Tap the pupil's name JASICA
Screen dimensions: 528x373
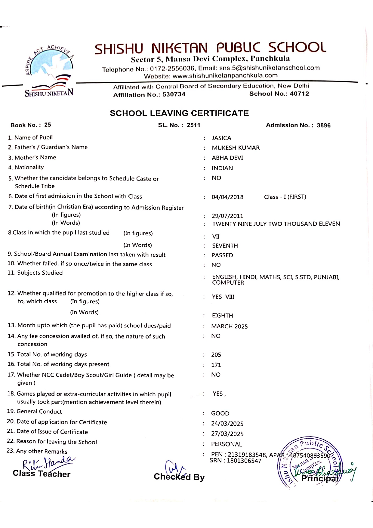221,138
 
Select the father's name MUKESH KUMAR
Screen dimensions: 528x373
236,148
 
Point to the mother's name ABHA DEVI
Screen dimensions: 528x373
227,158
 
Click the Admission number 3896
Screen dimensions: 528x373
323,125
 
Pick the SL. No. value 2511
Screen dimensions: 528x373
193,125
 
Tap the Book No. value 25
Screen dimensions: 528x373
48,125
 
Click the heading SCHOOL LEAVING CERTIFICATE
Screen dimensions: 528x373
179,113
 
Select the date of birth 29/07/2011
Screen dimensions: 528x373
227,216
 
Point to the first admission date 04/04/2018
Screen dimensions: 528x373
227,197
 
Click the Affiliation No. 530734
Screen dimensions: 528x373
174,95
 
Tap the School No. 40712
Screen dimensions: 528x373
299,94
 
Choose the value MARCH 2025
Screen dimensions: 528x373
229,326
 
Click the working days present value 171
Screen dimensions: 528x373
216,365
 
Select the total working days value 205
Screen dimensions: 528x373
216,355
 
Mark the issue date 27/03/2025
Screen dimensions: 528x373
227,434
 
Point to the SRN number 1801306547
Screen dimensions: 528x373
244,461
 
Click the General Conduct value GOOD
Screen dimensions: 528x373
220,413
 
